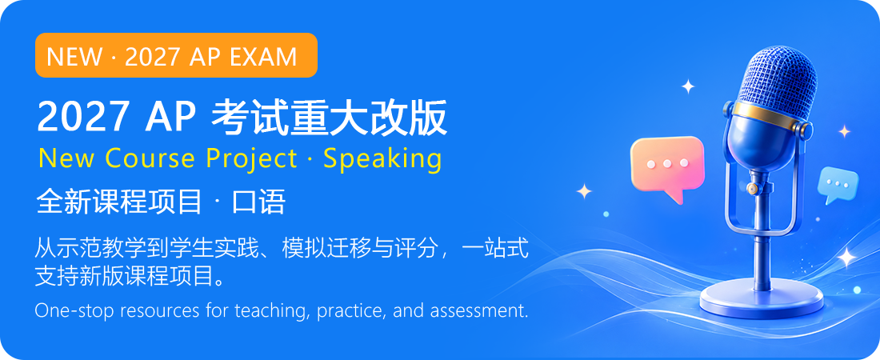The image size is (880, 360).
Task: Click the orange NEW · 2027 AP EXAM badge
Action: [176, 55]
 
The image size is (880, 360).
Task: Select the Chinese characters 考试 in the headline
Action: [250, 118]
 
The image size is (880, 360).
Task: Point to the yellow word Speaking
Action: [382, 159]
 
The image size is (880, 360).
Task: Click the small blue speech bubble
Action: [838, 186]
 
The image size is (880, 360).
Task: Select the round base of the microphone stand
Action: [762, 300]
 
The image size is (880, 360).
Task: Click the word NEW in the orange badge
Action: [74, 56]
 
